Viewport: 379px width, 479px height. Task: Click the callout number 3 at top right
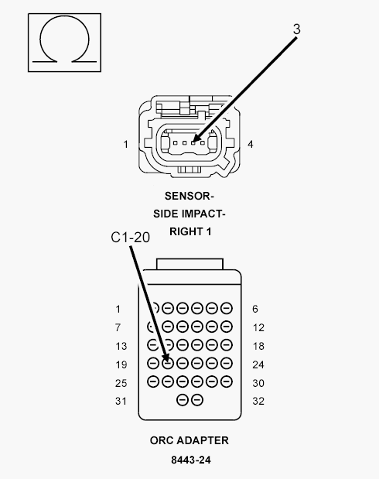296,29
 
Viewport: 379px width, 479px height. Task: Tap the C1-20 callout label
131,238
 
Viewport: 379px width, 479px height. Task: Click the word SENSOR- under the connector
189,196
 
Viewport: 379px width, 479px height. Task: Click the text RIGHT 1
190,231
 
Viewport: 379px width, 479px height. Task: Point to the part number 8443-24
191,460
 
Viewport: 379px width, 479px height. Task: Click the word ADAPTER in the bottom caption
203,440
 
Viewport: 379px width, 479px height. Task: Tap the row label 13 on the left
121,346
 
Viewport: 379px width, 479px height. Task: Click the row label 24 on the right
258,364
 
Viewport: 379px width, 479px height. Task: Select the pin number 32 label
258,401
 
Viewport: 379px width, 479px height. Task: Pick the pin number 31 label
121,401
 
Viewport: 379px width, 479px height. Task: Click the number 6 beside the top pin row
255,309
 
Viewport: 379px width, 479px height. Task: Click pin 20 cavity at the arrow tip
168,363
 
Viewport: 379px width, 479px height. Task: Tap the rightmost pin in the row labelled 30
227,381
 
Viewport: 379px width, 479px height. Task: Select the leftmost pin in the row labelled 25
153,381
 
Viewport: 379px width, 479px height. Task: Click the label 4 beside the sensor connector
251,144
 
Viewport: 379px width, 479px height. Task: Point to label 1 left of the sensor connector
125,144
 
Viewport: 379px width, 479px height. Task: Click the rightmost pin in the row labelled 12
227,327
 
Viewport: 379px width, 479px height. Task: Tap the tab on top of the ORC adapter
189,264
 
